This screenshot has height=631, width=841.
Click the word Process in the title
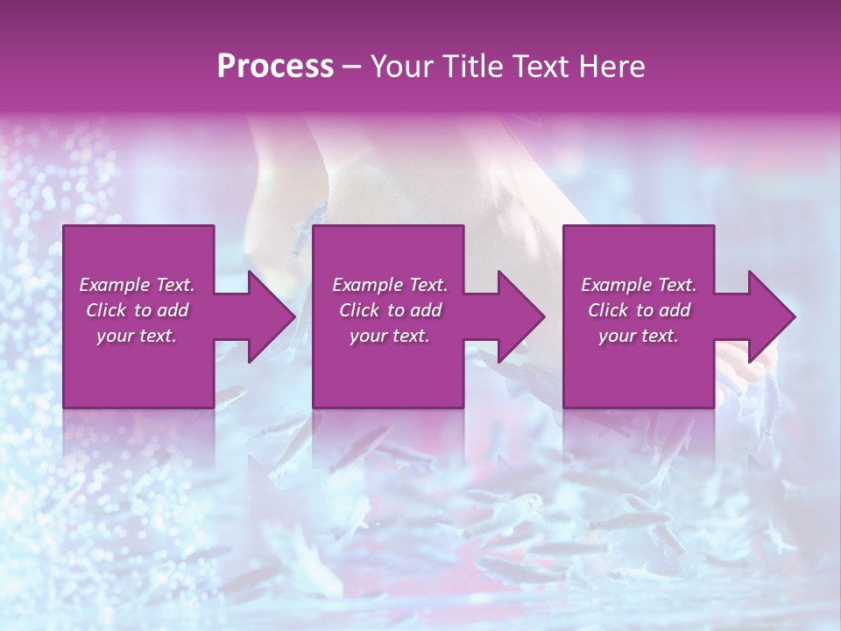pos(275,67)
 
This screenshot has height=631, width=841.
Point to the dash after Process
pos(351,67)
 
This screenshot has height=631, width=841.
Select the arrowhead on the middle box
pos(520,316)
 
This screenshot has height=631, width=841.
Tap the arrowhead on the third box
pos(771,316)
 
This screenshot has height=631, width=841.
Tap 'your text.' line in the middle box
pos(389,336)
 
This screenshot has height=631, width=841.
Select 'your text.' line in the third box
pos(638,336)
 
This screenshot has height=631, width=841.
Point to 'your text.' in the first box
pos(136,336)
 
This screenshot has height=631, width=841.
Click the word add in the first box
pos(173,310)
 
